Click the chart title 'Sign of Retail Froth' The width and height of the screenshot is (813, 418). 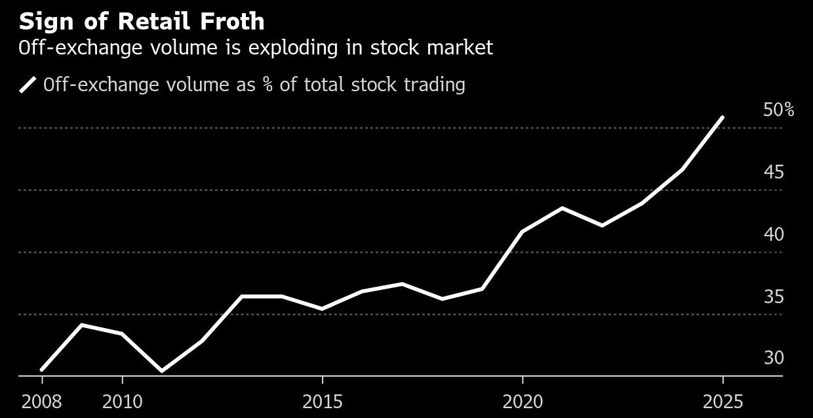point(142,22)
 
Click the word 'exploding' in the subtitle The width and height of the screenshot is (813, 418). point(267,48)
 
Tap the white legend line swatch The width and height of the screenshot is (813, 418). point(28,85)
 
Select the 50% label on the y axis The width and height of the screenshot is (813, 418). point(778,110)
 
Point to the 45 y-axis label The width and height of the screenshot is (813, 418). point(774,173)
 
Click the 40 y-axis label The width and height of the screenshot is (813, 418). point(774,234)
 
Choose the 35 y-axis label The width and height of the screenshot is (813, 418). point(774,297)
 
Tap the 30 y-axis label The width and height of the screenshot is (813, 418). point(774,358)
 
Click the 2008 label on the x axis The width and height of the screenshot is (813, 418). point(42,402)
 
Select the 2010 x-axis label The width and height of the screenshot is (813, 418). point(122,402)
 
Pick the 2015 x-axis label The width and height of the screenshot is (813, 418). point(322,402)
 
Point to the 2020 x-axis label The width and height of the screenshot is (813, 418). point(523,402)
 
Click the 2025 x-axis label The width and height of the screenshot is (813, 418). point(723,402)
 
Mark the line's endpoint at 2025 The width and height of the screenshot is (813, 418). point(723,117)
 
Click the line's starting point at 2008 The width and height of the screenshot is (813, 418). point(42,370)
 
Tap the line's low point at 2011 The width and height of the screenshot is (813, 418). point(162,371)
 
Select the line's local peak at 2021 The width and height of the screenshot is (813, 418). point(563,208)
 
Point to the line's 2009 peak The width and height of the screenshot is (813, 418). point(82,325)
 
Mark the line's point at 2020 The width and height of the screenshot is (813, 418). point(523,232)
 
